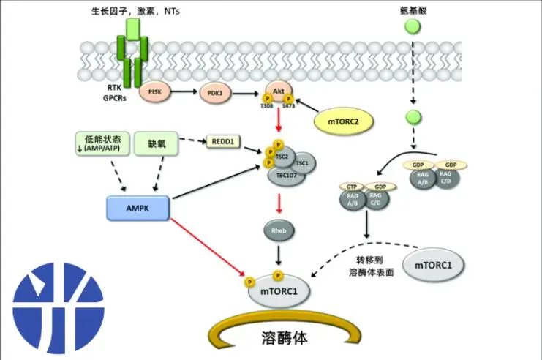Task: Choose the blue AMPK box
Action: (138, 208)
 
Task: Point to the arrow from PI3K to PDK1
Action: (186, 92)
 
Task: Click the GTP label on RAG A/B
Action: (353, 187)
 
